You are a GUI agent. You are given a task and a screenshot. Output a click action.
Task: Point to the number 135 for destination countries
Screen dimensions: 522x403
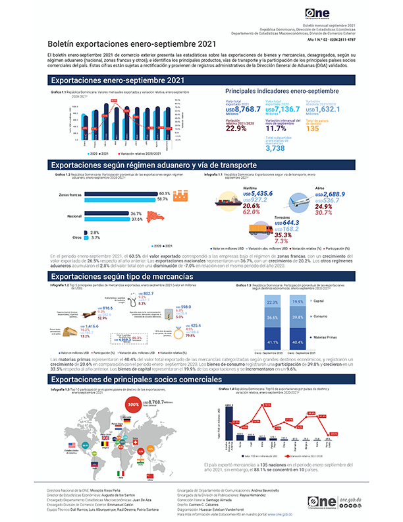click(x=314, y=129)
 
